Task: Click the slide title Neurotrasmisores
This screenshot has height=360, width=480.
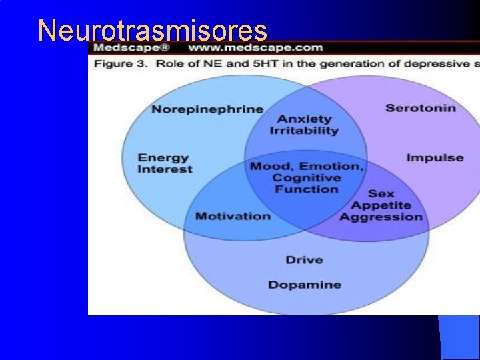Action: point(153,31)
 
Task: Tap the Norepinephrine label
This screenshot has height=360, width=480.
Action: point(207,109)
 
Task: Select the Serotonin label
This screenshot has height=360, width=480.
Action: point(421,108)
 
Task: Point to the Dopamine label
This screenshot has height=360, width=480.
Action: point(305,285)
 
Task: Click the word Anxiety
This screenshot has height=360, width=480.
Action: point(305,119)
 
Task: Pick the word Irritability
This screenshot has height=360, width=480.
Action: point(304,131)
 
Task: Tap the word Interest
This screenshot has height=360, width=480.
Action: point(165,169)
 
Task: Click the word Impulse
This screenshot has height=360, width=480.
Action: point(435,158)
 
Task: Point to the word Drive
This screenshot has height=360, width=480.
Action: point(304,260)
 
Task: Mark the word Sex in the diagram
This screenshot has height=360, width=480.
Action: point(381,194)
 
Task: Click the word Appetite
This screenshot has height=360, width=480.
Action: point(381,205)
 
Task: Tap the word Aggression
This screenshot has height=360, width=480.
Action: point(381,217)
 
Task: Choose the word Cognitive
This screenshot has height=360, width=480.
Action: point(307,178)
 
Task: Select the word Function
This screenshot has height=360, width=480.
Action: point(307,189)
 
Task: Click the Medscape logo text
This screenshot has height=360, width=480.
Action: point(131,48)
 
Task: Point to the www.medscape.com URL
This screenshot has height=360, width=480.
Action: point(255,48)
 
